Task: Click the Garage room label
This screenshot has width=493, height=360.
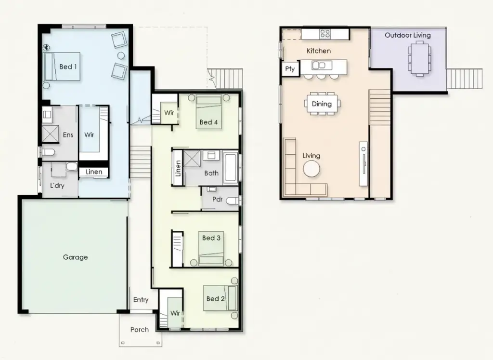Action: pos(76,257)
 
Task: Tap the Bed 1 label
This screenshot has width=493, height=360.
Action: pos(68,67)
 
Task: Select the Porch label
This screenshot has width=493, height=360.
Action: pos(140,330)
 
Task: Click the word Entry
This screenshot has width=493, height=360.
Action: pos(141,300)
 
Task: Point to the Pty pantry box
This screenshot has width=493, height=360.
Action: pos(290,69)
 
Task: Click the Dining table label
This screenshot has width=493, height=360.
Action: pos(322,104)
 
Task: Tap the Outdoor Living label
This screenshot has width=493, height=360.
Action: pos(407,35)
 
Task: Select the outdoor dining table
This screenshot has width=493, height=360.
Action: pos(419,58)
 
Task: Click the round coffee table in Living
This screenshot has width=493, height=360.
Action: pos(311,169)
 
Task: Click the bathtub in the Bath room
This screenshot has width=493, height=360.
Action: pos(231,167)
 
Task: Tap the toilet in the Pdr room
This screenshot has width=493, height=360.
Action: pos(232,200)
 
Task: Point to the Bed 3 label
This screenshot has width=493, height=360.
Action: pos(211,238)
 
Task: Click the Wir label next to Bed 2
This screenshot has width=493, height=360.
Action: pos(175,313)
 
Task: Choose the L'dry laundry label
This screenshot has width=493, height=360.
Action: pos(58,186)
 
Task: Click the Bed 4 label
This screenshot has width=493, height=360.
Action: pos(208,122)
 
